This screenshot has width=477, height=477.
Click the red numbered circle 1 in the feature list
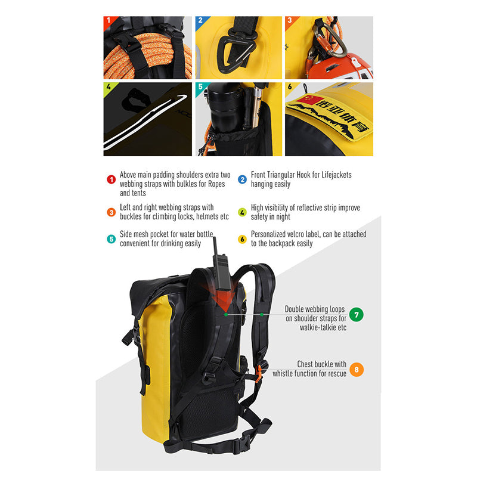111,179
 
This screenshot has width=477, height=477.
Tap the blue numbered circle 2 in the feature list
242,179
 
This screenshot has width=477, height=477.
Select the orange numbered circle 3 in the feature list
111,212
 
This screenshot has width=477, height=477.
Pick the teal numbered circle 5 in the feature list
111,239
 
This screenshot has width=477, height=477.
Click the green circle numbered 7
356,315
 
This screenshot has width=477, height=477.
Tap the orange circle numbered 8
356,370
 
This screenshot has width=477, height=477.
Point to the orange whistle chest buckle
258,374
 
